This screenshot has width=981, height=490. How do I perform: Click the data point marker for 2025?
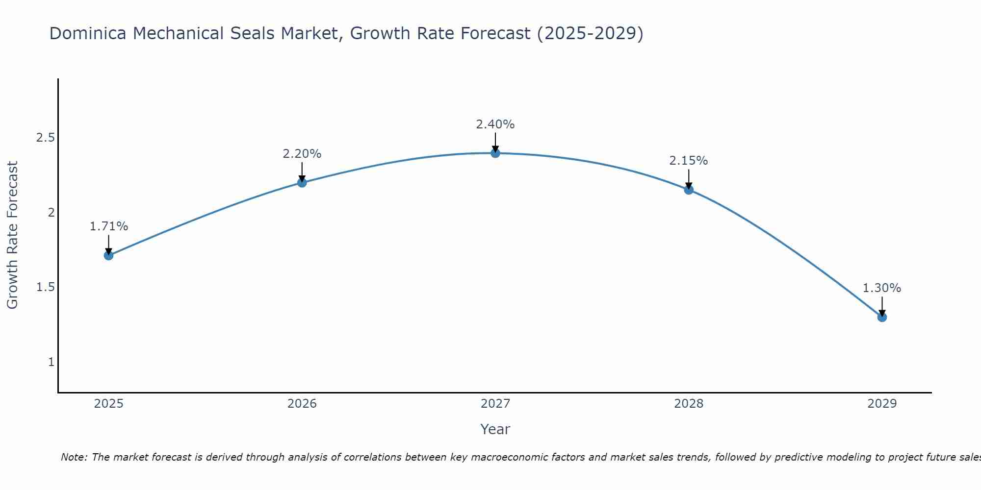pos(109,255)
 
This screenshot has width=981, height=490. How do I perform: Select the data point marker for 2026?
pos(302,183)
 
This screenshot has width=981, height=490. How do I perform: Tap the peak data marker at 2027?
pos(495,153)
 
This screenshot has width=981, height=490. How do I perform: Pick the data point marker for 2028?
pos(689,190)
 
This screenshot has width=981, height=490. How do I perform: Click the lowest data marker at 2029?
pos(882,317)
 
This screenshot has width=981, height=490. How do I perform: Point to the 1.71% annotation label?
pos(109,226)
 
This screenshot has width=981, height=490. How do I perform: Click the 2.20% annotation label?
pos(302,154)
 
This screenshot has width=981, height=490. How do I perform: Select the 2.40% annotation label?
pos(495,124)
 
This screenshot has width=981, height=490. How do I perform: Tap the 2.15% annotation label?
pos(689,161)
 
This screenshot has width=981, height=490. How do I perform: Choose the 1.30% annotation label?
pos(882,288)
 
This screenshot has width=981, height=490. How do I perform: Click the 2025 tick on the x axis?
pos(109,404)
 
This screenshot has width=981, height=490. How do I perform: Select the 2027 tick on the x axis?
pos(495,404)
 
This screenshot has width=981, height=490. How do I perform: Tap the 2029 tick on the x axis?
pos(882,404)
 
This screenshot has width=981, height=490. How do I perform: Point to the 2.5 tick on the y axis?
pos(45,138)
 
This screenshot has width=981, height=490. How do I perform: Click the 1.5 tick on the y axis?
pos(45,287)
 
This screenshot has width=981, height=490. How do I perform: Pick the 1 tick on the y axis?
pos(51,362)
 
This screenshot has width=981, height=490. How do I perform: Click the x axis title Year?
pos(495,429)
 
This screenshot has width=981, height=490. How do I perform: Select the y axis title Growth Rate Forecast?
pos(13,235)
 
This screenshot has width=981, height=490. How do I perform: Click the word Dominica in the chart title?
pos(88,33)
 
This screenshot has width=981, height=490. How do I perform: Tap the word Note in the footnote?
pos(74,457)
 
